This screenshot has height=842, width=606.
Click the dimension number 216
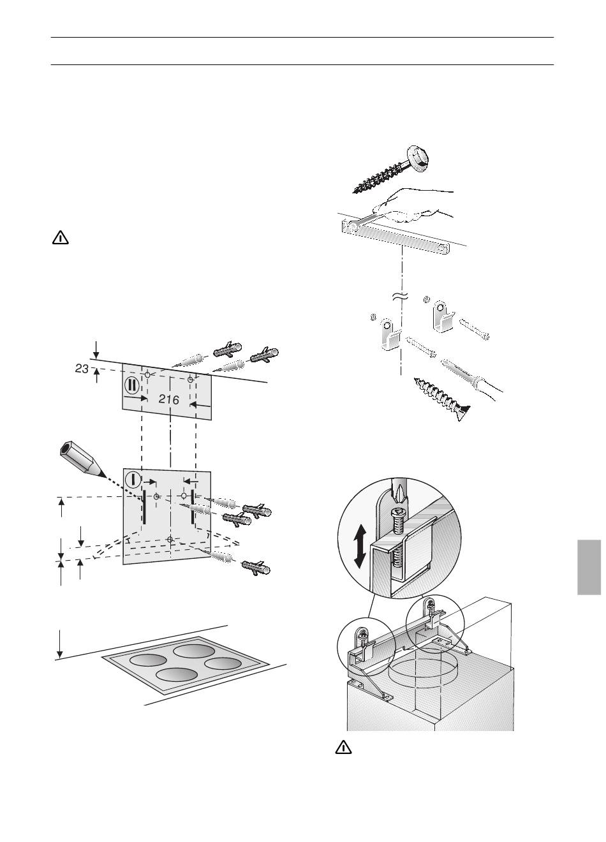pos(169,399)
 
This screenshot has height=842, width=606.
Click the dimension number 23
pos(82,369)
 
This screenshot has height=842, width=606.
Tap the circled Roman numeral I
pos(132,479)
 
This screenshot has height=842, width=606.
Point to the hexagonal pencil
pos(82,460)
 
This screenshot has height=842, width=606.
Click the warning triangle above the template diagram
pos(60,238)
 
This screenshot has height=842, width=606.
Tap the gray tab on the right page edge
pos(589,567)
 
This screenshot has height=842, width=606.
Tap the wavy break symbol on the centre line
pos(401,295)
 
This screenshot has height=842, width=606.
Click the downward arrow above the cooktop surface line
pos(59,644)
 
